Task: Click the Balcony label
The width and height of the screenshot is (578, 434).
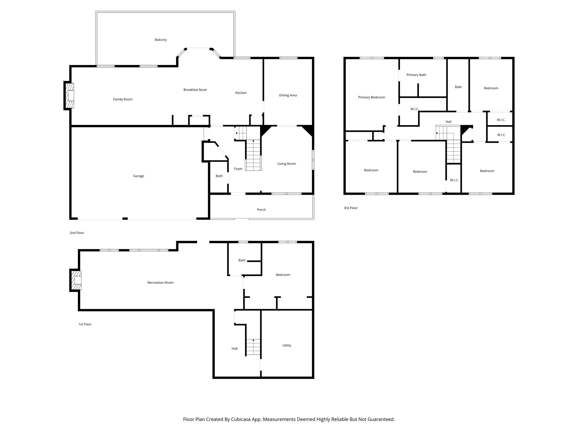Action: pos(161,40)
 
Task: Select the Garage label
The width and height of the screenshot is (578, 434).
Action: pos(139,176)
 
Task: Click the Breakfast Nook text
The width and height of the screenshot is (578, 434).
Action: pos(195,90)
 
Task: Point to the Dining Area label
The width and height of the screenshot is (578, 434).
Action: pos(288,95)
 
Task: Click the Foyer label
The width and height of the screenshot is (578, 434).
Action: pos(238,169)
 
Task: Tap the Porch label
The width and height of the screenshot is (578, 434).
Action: pos(261,210)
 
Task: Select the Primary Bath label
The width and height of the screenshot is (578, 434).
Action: pos(416,75)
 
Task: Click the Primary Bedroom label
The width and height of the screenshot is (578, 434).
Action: pos(371,97)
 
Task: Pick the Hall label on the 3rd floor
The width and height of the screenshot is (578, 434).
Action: pos(448,122)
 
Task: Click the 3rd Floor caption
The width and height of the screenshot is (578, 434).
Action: pos(351,208)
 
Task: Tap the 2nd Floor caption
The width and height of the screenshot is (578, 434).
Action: pos(77,233)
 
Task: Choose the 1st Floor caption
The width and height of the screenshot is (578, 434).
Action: pos(85,324)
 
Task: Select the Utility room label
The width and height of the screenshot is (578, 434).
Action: pos(287,345)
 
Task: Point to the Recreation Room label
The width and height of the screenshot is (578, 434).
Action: pos(160,283)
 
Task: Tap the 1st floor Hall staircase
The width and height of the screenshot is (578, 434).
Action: pos(253,347)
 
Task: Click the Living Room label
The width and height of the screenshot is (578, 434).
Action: pos(286,164)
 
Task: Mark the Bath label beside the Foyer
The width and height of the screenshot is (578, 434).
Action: pos(219,176)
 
